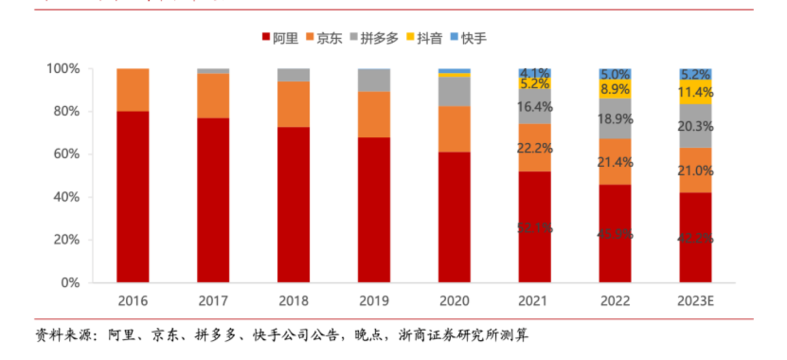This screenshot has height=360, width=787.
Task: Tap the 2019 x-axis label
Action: (374, 301)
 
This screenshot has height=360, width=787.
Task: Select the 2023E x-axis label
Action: (696, 301)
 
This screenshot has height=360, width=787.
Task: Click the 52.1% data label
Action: (535, 228)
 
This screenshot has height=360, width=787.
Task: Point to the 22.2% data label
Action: (535, 148)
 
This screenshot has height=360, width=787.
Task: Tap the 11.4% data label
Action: (696, 92)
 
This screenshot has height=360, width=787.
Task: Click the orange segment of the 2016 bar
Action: (133, 90)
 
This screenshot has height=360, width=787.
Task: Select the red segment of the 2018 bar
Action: (294, 205)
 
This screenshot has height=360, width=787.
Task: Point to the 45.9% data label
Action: (615, 234)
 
